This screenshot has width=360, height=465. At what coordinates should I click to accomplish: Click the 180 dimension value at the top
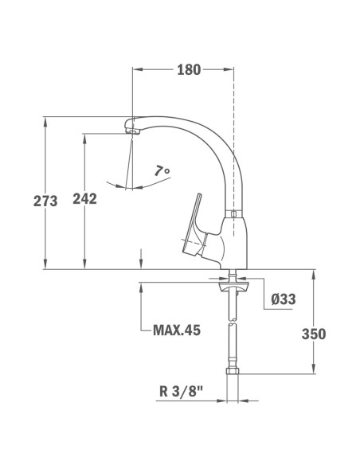pyautogui.click(x=188, y=69)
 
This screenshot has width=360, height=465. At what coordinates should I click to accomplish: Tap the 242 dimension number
pyautogui.click(x=84, y=199)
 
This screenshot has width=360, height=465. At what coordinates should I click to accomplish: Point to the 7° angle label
pyautogui.click(x=162, y=170)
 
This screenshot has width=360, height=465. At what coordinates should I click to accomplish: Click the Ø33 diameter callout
pyautogui.click(x=284, y=299)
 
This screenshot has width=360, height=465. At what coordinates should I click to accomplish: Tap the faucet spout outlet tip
pyautogui.click(x=132, y=128)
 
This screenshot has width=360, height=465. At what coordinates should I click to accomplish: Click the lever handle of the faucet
pyautogui.click(x=194, y=221)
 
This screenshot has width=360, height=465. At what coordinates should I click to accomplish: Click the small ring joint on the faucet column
pyautogui.click(x=233, y=214)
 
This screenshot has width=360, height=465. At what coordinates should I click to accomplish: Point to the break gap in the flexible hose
pyautogui.click(x=232, y=322)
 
